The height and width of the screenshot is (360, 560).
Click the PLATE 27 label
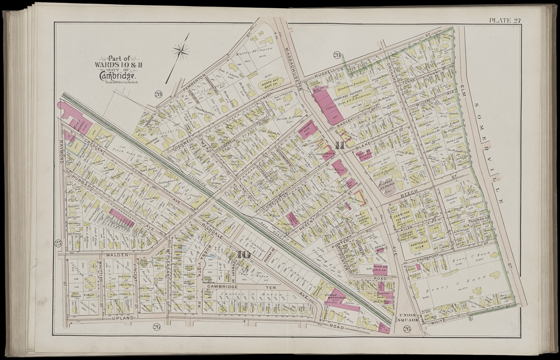(505, 19)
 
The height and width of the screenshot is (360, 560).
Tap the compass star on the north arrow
(181, 50)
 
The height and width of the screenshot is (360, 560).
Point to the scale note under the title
(117, 81)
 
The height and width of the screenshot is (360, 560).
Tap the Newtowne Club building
(420, 247)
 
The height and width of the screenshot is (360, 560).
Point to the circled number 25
(58, 243)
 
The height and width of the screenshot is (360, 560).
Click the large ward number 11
(340, 145)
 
